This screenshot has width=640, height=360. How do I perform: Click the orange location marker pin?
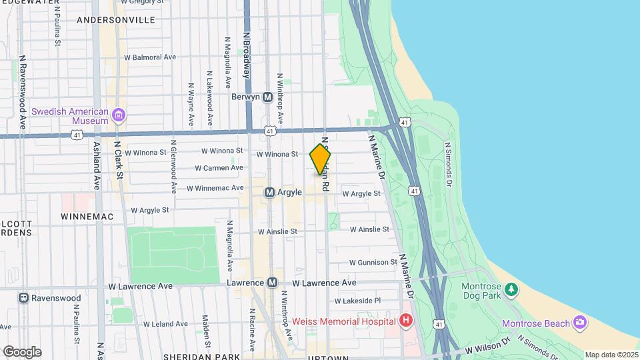321,159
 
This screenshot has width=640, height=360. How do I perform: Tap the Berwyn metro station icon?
268,97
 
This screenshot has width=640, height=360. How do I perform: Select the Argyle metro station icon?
270,192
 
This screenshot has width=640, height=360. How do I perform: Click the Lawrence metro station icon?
272,283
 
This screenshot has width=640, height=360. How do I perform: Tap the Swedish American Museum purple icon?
119,115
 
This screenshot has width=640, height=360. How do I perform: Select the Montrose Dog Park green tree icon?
511,289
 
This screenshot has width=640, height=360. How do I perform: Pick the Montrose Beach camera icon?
579,323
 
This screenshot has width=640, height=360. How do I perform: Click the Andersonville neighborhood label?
116,20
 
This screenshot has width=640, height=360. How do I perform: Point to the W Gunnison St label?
373,263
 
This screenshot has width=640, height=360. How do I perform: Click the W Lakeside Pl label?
357,301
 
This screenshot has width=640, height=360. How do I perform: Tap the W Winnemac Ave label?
215,189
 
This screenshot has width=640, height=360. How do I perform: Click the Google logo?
22,351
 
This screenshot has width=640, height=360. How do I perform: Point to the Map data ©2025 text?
611,355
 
